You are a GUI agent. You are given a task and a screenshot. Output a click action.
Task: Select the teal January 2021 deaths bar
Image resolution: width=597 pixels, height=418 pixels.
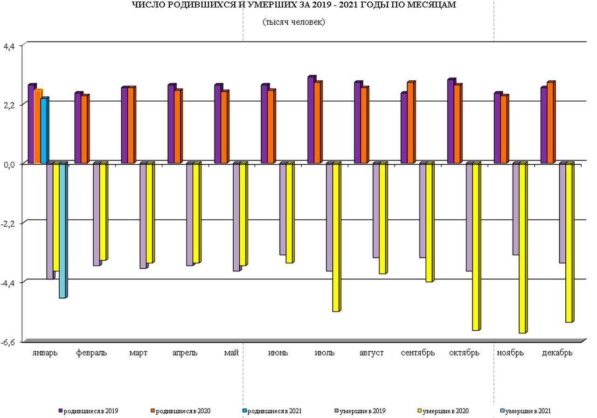click(x=62, y=230)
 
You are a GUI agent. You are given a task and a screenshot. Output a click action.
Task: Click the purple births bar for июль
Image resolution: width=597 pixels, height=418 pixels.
click(x=311, y=120)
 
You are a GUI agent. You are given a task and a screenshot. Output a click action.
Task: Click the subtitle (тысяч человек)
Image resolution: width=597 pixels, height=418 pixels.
click(x=294, y=22)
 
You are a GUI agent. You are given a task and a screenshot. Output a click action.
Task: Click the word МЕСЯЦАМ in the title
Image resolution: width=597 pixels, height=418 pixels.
click(x=432, y=6)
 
